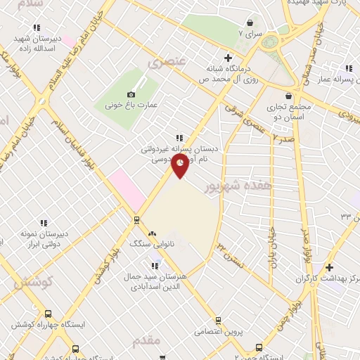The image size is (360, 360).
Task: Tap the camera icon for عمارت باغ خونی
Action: tap(131, 94)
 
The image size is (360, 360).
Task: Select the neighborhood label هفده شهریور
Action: tap(226, 187)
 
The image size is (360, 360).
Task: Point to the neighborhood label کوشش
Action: tap(33, 282)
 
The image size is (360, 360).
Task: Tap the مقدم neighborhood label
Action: tap(147, 340)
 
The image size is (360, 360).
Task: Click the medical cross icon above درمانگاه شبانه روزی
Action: tap(226, 58)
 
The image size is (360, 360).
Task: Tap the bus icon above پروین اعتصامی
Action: tap(218, 320)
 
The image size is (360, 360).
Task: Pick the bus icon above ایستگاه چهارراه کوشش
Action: tap(47, 314)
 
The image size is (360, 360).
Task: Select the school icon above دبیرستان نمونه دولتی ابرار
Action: tap(44, 223)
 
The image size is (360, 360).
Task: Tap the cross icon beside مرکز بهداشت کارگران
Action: tap(329, 267)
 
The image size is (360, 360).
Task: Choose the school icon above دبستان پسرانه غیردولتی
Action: tap(179, 138)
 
